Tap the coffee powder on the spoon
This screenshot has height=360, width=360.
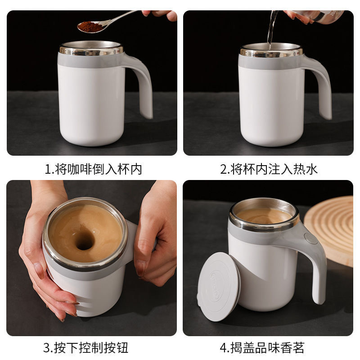(90, 27)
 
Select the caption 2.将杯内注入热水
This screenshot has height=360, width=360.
(269, 169)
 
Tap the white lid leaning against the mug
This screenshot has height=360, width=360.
(219, 285)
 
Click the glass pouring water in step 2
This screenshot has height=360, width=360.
(315, 16)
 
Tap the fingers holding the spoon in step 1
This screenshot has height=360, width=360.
(162, 14)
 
